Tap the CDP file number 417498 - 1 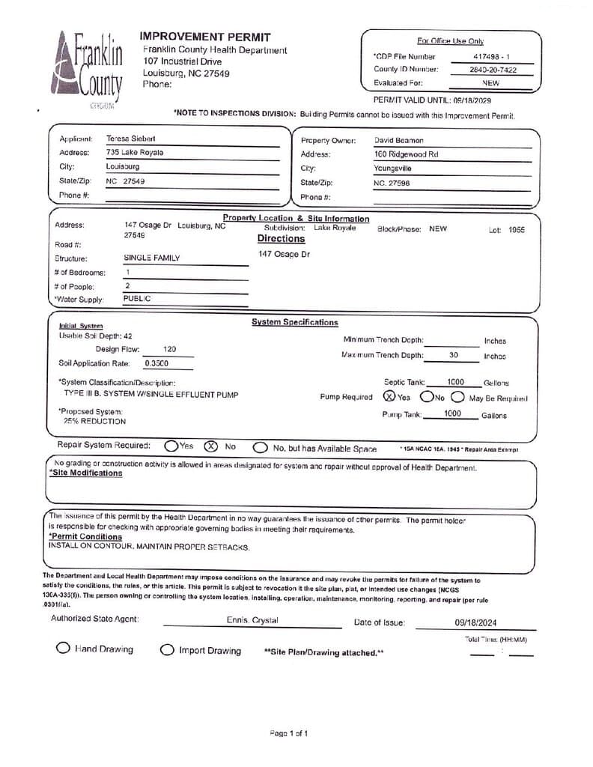491,56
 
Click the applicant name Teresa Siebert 131,139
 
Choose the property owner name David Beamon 398,140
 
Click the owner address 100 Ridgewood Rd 406,154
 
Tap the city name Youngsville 392,169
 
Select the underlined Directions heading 281,239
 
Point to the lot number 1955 517,229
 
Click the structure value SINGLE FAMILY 152,258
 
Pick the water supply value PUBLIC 137,298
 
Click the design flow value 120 170,349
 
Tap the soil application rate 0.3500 156,363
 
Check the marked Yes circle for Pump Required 389,397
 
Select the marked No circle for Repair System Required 211,446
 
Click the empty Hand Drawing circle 64,649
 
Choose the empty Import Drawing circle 167,650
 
